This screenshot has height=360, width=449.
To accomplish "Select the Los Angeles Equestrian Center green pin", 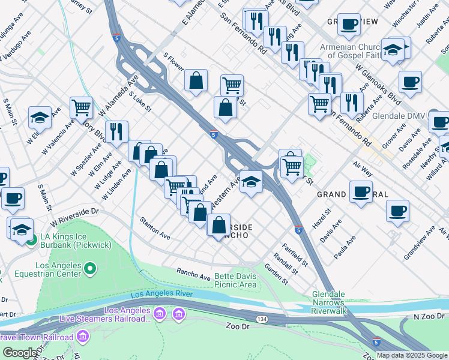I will [x=90, y=268].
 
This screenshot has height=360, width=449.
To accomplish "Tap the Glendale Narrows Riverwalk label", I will [x=337, y=298].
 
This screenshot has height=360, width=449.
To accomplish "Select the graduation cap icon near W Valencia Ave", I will [x=40, y=117].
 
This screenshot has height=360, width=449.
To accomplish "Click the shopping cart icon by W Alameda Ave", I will [x=80, y=107].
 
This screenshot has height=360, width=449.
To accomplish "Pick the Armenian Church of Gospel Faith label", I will [x=351, y=52].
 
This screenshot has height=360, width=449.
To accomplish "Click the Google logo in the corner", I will [x=20, y=353].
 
